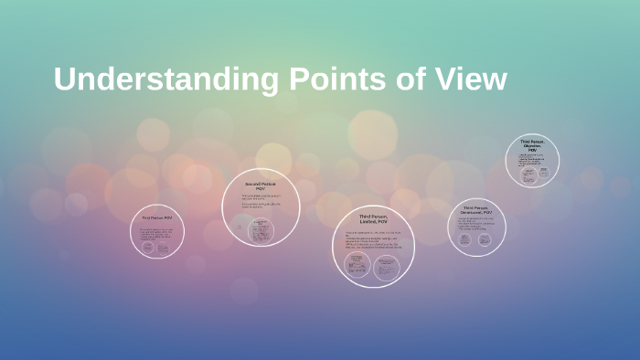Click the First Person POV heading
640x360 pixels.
point(157,218)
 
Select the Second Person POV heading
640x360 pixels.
point(261,185)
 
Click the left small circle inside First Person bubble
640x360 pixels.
point(148,248)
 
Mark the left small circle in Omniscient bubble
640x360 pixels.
point(465,239)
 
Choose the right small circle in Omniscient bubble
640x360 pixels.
point(485,239)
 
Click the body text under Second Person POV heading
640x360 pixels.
point(261,202)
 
